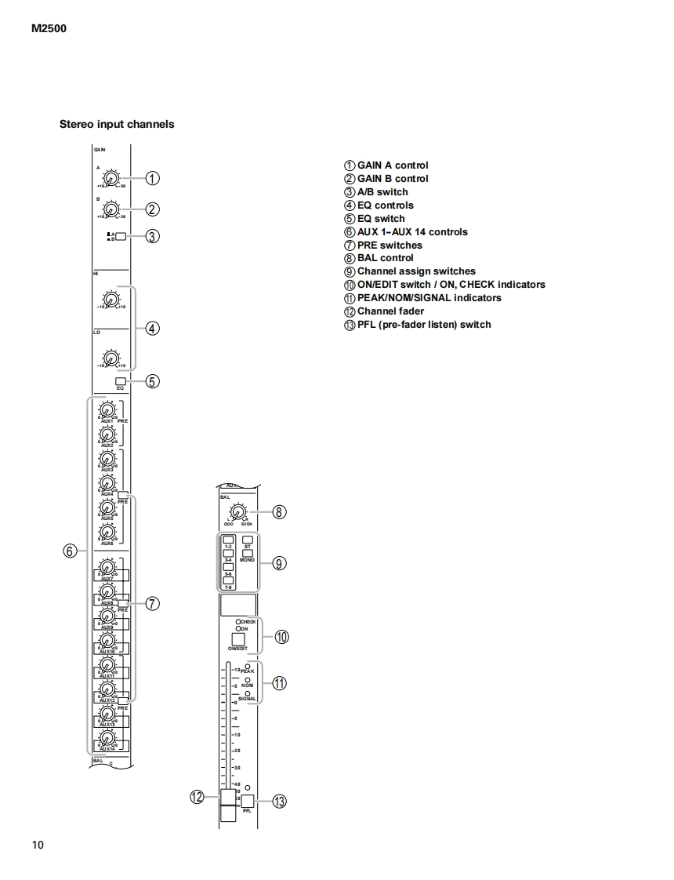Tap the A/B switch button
[121, 235]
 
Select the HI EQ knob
[111, 300]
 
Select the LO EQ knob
[111, 359]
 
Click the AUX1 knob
[107, 409]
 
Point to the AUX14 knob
[107, 739]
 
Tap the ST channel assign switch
[248, 540]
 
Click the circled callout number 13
[280, 802]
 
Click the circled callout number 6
[71, 551]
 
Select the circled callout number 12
[197, 797]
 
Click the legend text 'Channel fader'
[390, 311]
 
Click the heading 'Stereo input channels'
[117, 124]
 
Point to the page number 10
[38, 845]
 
